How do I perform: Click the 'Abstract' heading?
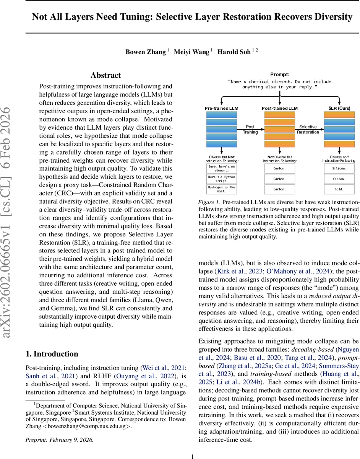(x=105, y=75)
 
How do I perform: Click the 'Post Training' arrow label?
(x=250, y=129)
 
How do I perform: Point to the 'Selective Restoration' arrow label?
(x=308, y=129)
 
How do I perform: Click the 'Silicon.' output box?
(x=339, y=168)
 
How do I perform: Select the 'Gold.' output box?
(x=339, y=189)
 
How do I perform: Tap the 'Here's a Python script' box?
(x=222, y=179)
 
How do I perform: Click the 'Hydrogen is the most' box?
(x=222, y=189)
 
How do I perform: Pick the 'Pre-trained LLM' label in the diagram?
(x=222, y=108)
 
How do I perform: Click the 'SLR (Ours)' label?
(x=339, y=108)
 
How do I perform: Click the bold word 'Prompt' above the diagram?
(x=280, y=74)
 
